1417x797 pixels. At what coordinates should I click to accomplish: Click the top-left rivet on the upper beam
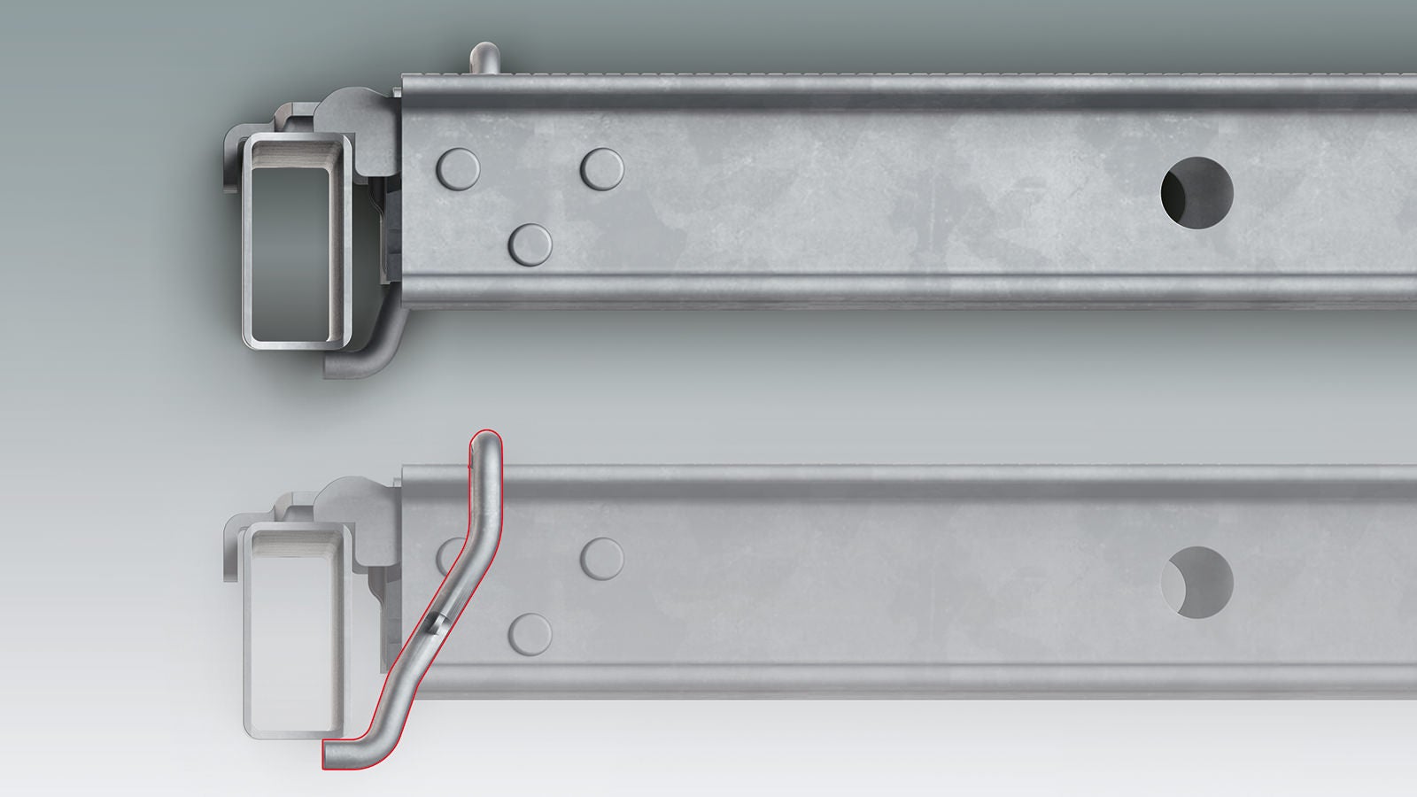[458, 168]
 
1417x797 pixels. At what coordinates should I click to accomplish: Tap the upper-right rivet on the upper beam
[602, 168]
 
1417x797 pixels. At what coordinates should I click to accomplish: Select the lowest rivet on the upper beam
[531, 242]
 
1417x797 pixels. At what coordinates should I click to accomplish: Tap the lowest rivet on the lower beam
[531, 631]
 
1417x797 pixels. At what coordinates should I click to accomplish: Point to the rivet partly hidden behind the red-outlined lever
[450, 556]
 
